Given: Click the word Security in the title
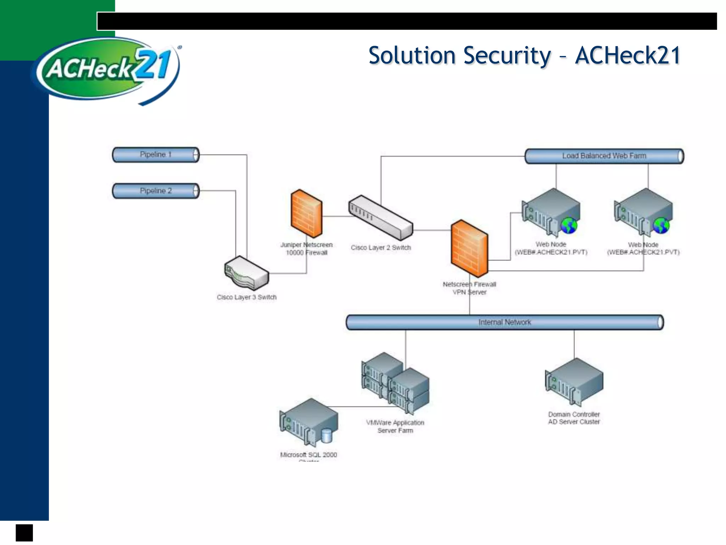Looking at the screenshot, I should (x=507, y=56).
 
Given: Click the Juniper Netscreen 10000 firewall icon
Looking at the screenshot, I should (x=306, y=214).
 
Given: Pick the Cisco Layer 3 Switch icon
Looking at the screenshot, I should (x=246, y=273).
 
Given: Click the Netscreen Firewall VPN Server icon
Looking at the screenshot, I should (x=469, y=248).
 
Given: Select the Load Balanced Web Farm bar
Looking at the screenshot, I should (x=604, y=156).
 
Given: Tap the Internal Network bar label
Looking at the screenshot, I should (x=504, y=322).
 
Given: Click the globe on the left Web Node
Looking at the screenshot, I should (x=569, y=226).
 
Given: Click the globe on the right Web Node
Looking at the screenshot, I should (x=661, y=226).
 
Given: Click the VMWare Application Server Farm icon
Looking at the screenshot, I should (x=395, y=383).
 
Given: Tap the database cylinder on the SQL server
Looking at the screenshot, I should (x=326, y=436).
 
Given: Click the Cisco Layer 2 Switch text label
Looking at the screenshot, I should (x=380, y=248).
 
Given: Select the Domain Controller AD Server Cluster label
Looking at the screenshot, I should (x=574, y=418).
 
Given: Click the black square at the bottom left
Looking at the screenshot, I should (x=24, y=533).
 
